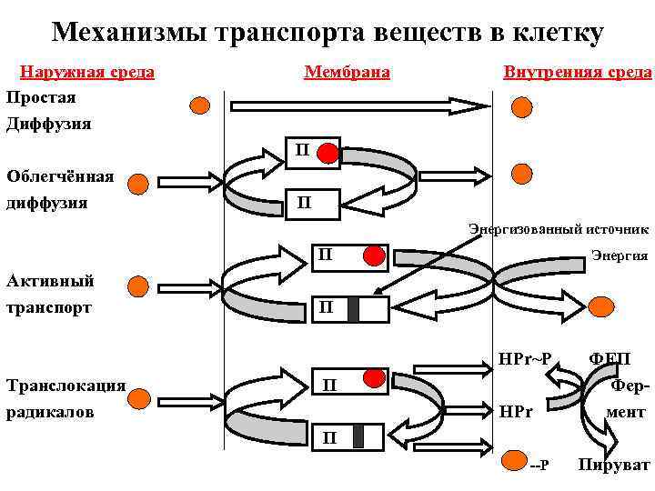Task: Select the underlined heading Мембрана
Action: click(x=348, y=72)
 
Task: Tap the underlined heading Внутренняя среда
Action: click(x=577, y=72)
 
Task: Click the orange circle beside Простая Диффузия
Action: click(x=199, y=105)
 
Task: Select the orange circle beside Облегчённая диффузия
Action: click(x=137, y=185)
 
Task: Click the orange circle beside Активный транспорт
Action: click(x=137, y=288)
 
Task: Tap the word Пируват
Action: click(x=613, y=466)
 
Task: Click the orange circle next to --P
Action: click(x=514, y=462)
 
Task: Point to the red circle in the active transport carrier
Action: click(x=372, y=256)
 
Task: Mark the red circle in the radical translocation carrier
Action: click(x=371, y=377)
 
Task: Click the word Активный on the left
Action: click(x=46, y=280)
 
